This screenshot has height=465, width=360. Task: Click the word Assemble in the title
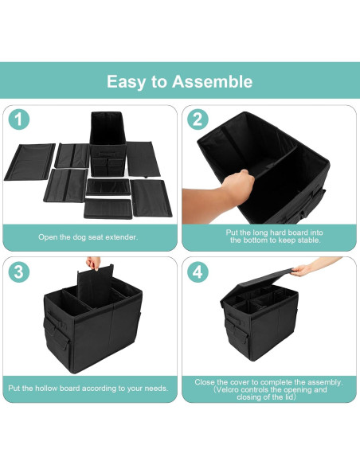pyautogui.click(x=213, y=81)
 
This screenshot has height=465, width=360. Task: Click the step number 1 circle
pyautogui.click(x=18, y=119)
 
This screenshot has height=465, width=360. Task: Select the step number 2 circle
pyautogui.click(x=198, y=119)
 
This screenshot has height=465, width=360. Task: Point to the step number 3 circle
pyautogui.click(x=18, y=272)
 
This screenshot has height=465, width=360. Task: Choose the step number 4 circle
pyautogui.click(x=198, y=272)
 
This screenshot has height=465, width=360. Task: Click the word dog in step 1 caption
pyautogui.click(x=79, y=237)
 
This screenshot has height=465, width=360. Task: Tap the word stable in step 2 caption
pyautogui.click(x=309, y=240)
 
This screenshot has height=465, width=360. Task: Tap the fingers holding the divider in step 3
pyautogui.click(x=94, y=263)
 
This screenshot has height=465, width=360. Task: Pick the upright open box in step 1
pyautogui.click(x=108, y=143)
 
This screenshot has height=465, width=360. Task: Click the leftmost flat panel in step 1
pyautogui.click(x=29, y=162)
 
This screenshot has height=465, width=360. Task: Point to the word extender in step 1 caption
pyautogui.click(x=122, y=237)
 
